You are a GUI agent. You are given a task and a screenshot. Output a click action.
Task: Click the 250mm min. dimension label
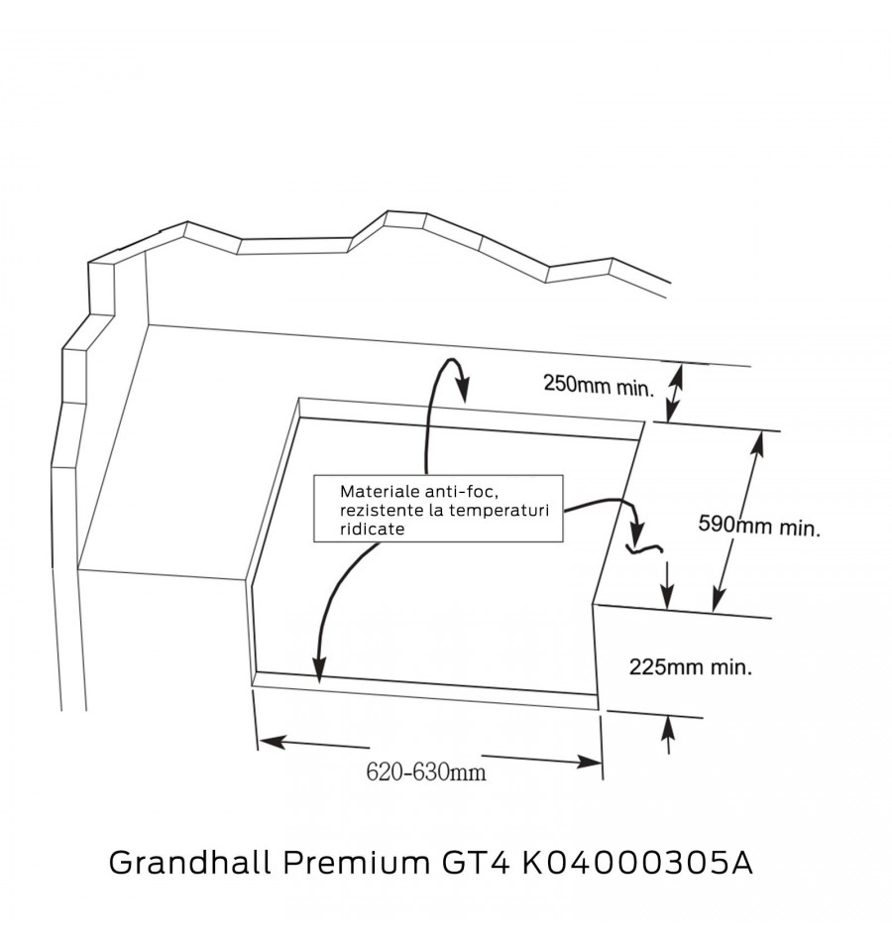click(x=599, y=386)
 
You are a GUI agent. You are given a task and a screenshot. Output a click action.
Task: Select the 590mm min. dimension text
click(x=759, y=526)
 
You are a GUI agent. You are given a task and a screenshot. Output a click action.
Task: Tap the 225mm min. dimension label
click(x=691, y=667)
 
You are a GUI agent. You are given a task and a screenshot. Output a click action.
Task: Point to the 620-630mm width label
click(x=426, y=773)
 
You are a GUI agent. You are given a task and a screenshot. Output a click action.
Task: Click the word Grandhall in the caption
click(x=189, y=862)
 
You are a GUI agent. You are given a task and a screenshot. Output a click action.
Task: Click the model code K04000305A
click(x=638, y=863)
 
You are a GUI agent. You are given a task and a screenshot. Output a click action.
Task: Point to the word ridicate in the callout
click(x=372, y=529)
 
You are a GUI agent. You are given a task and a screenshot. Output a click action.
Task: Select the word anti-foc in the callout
click(x=462, y=491)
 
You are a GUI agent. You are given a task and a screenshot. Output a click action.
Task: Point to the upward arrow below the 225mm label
click(x=668, y=735)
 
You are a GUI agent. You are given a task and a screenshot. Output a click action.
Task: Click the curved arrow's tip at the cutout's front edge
click(x=318, y=681)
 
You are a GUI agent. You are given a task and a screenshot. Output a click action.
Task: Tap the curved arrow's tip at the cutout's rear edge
click(x=464, y=401)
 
